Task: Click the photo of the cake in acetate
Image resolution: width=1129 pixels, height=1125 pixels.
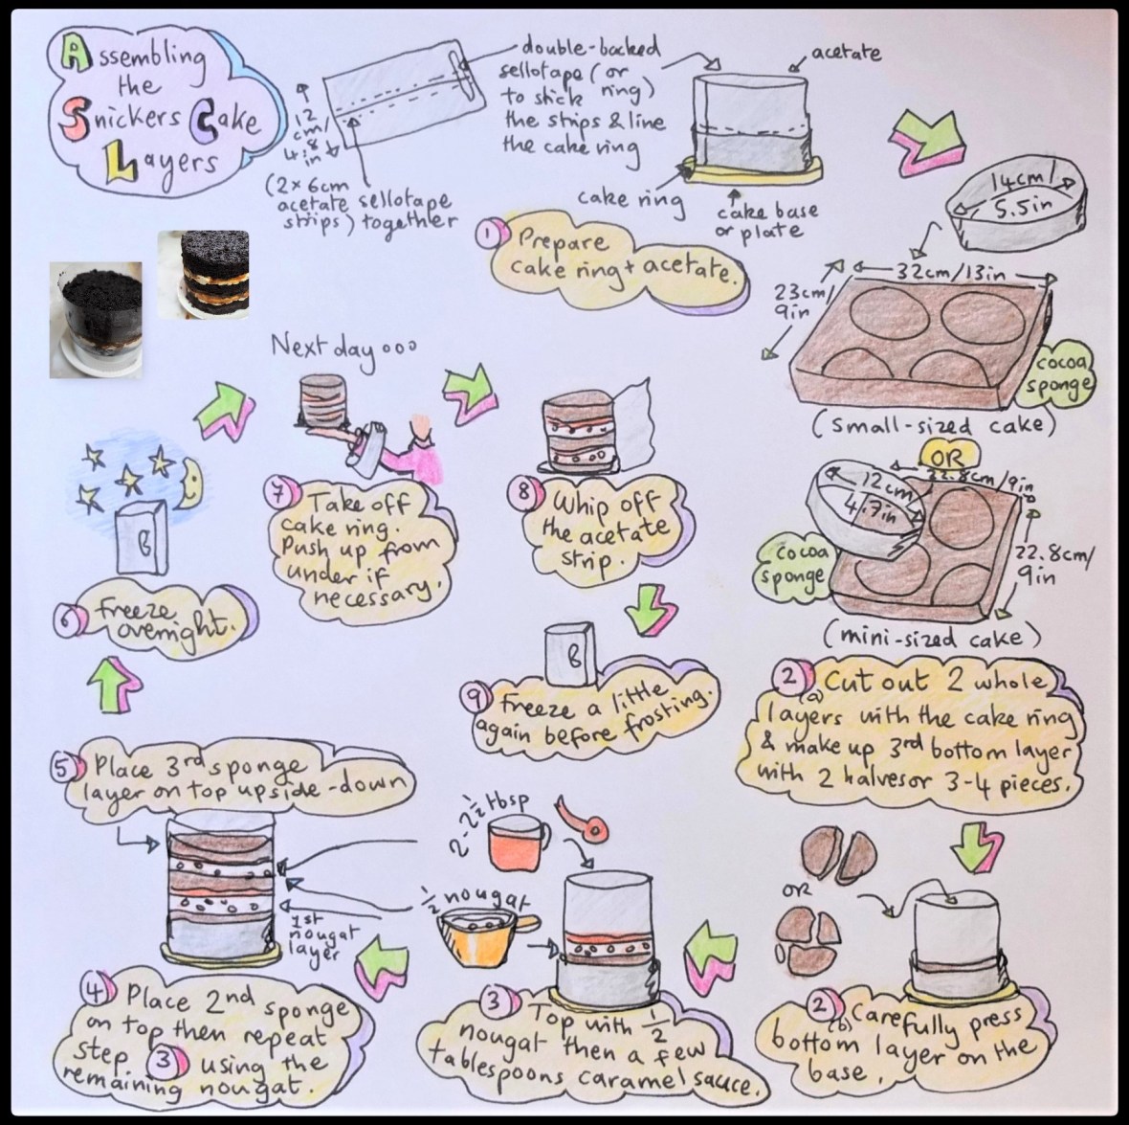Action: click(96, 318)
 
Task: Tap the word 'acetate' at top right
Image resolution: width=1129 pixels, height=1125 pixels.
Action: click(847, 51)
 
